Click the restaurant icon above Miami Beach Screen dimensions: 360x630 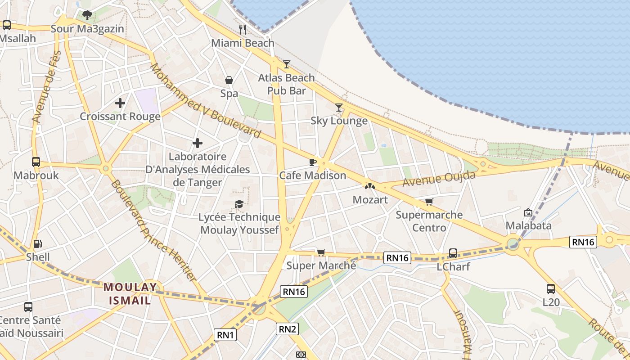click(243, 30)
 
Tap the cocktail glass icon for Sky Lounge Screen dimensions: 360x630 click(339, 107)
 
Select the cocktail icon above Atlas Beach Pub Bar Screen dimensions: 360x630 click(287, 64)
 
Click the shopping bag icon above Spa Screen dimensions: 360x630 click(229, 80)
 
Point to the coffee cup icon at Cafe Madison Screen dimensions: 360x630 click(313, 162)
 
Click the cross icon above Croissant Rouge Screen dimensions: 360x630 click(120, 103)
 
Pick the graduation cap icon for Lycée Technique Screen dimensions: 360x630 click(239, 204)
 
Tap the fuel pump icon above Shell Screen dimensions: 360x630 click(38, 244)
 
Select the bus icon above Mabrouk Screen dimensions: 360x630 click(36, 162)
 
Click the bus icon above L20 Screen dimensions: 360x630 click(551, 289)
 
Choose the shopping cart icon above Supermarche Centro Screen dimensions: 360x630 click(429, 202)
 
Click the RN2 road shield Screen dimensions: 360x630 click(288, 329)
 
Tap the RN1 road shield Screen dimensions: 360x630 click(225, 335)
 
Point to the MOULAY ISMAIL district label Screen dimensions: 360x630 click(130, 293)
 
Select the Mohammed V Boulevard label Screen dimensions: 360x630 click(205, 101)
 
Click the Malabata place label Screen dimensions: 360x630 click(528, 225)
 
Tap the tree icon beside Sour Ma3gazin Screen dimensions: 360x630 click(87, 15)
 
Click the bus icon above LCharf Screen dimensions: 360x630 click(453, 253)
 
